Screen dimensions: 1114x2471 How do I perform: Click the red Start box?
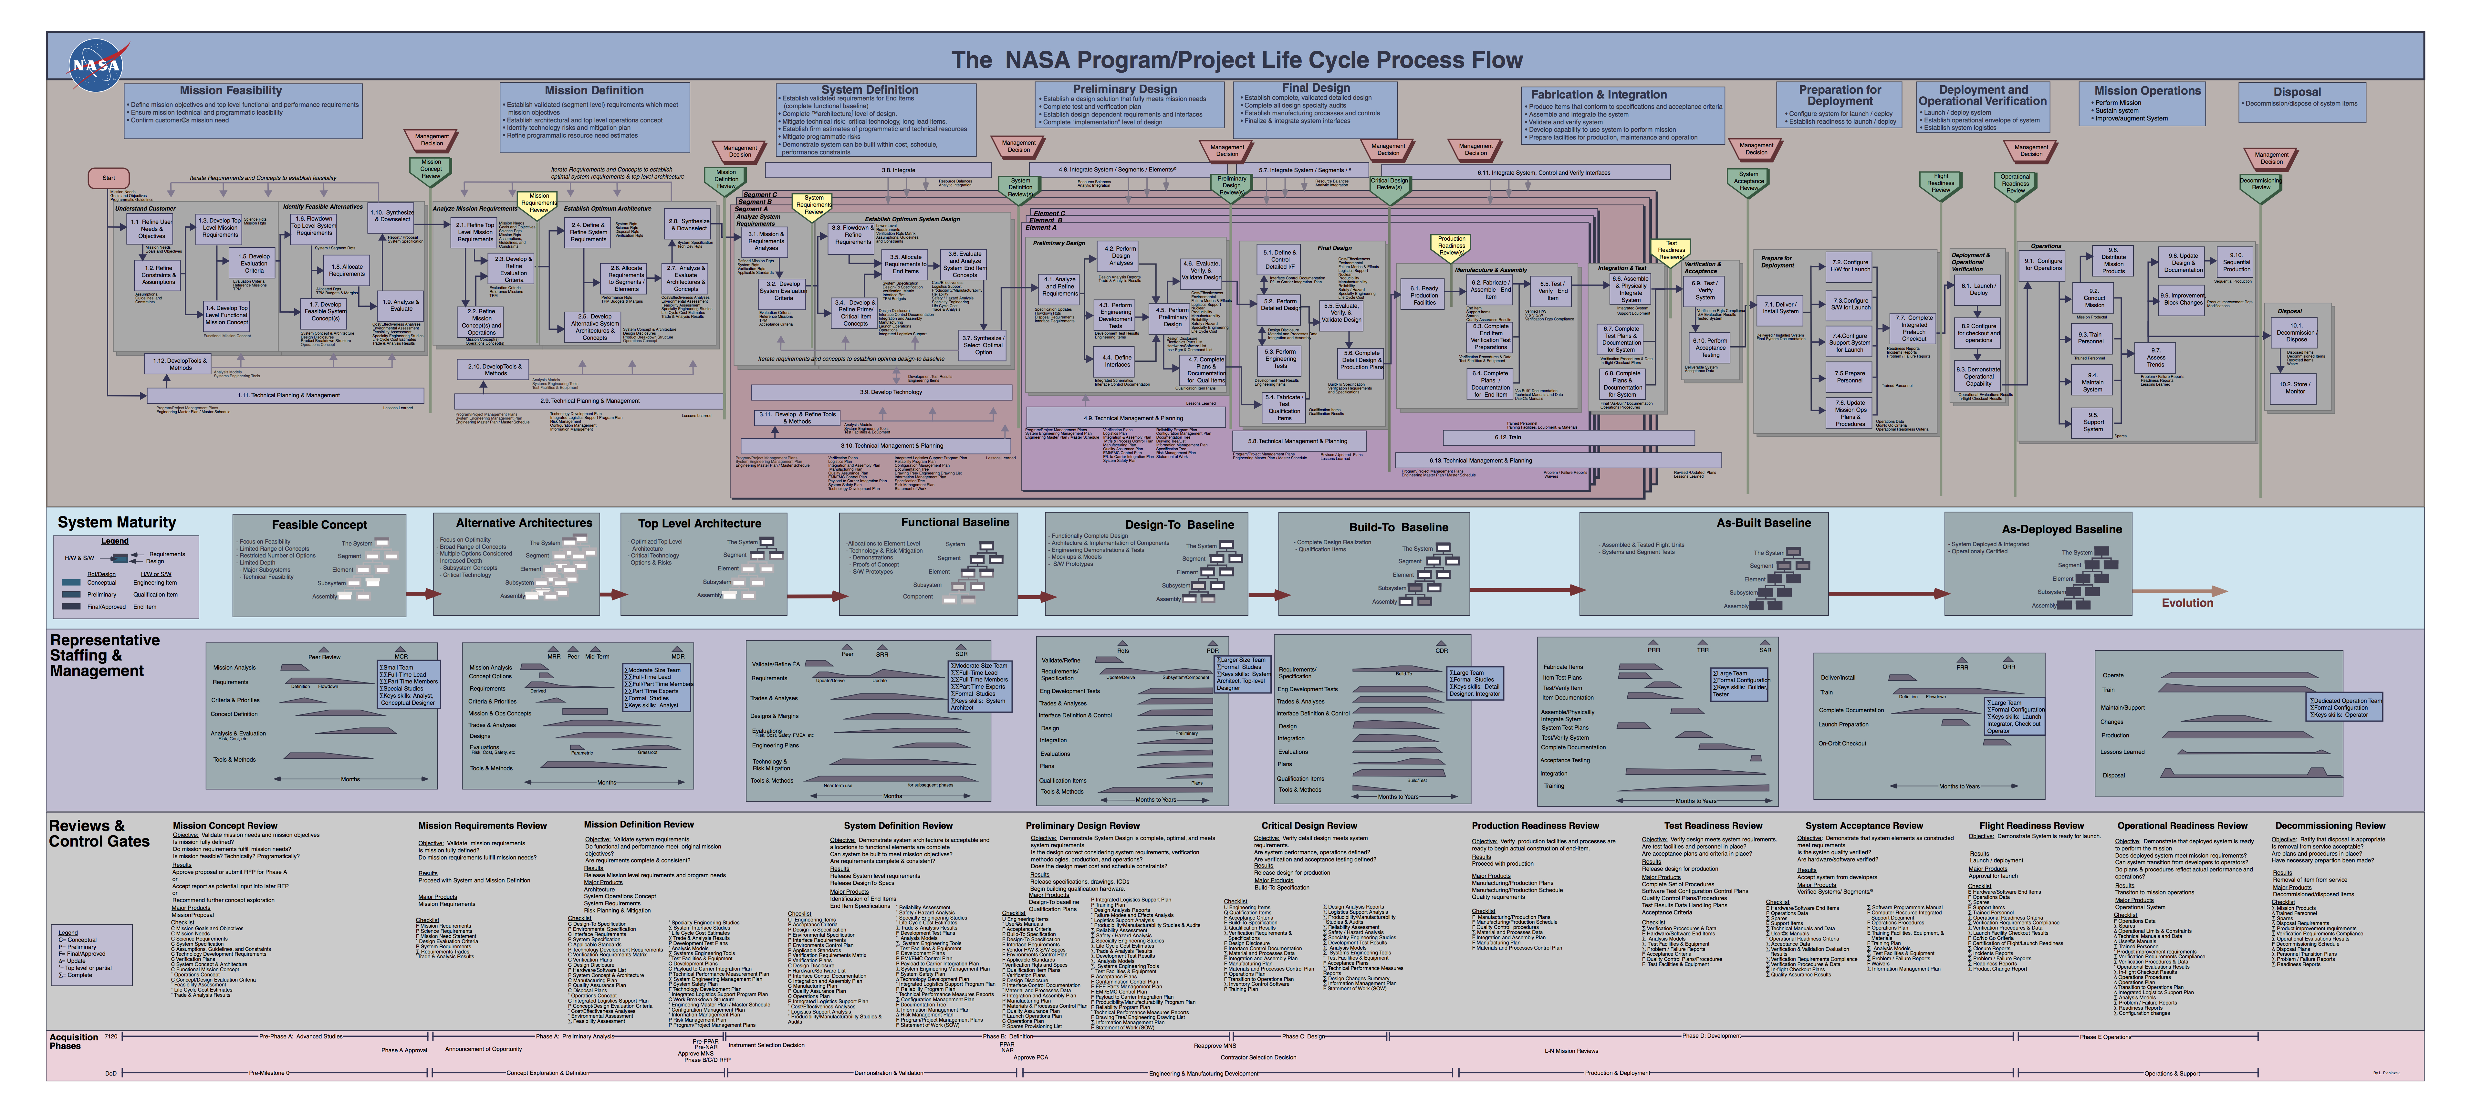click(x=109, y=178)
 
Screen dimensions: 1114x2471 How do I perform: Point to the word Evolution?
click(x=2187, y=603)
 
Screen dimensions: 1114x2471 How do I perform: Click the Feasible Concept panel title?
click(x=319, y=525)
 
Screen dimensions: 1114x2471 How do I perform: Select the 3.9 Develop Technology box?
click(x=881, y=391)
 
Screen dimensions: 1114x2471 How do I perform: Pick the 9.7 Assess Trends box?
click(x=2155, y=357)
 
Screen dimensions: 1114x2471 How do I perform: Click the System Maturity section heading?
click(x=117, y=522)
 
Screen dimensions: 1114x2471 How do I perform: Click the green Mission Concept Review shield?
click(x=431, y=169)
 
